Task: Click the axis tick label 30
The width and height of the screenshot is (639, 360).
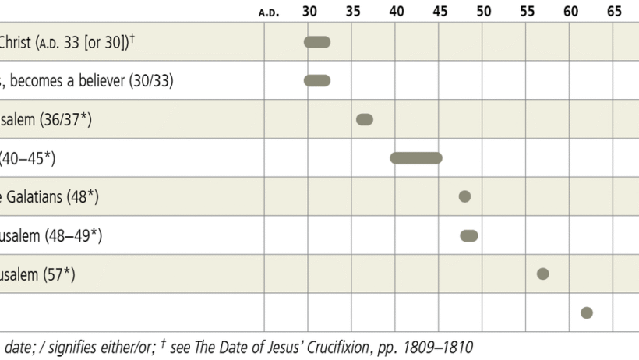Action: click(x=309, y=12)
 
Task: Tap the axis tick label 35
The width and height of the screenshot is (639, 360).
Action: click(x=353, y=12)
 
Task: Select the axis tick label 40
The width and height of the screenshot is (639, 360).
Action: click(x=397, y=12)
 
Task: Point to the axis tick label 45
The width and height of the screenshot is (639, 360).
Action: click(x=440, y=12)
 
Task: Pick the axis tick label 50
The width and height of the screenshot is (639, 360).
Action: click(x=484, y=12)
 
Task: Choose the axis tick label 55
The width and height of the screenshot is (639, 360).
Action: click(x=528, y=12)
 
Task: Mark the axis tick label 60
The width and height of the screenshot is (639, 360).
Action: click(x=571, y=12)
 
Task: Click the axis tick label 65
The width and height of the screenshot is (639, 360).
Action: click(x=615, y=12)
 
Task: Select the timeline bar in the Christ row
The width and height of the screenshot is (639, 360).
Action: click(x=317, y=42)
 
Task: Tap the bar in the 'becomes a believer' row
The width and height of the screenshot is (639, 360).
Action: click(x=317, y=80)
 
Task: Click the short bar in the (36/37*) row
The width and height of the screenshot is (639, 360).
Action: click(x=365, y=119)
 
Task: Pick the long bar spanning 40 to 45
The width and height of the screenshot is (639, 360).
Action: click(x=416, y=158)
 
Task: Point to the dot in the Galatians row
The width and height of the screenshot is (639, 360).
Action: click(x=465, y=196)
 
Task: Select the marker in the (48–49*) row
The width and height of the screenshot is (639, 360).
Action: click(x=469, y=235)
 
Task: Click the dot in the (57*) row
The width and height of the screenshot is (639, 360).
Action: click(x=543, y=274)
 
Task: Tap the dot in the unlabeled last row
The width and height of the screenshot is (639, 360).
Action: click(x=587, y=312)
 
